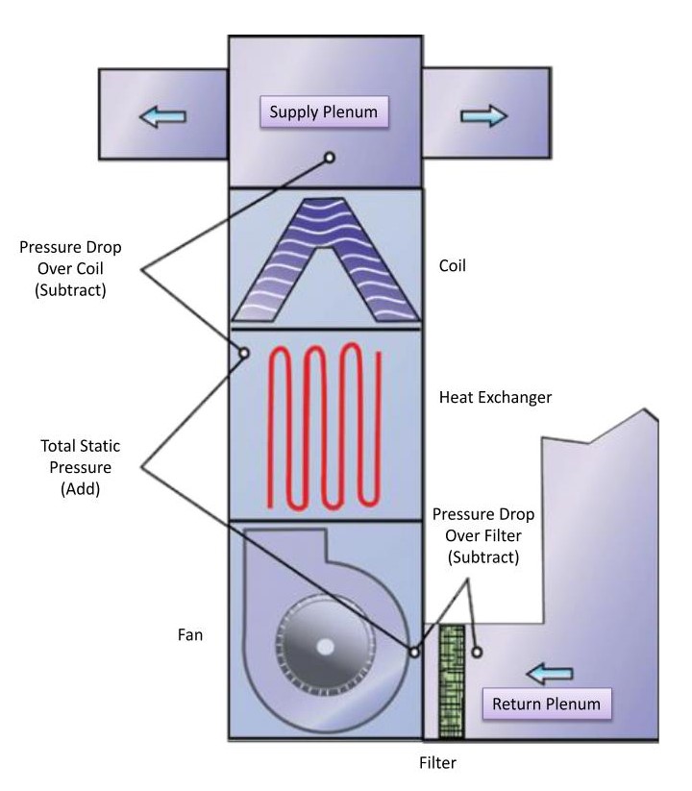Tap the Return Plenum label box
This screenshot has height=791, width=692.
point(546,704)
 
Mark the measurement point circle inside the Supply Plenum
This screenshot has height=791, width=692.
point(330,157)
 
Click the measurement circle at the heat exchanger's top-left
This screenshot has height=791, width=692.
point(244,353)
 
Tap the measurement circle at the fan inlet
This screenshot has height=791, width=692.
point(413,652)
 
